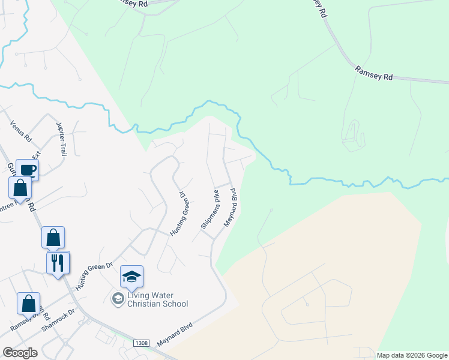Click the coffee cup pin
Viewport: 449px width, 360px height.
[x=27, y=170]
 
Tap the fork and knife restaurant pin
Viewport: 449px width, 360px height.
[x=58, y=263]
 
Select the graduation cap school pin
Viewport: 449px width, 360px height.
[x=131, y=277]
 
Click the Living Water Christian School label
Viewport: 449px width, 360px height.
[x=157, y=299]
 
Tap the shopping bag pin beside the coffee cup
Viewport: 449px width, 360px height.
[x=20, y=187]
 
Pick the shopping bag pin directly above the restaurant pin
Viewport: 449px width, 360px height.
[x=53, y=238]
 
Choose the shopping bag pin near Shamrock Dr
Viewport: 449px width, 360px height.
[x=28, y=304]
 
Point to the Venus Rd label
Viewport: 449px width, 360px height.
[x=20, y=131]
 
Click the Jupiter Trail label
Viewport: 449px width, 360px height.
[x=61, y=139]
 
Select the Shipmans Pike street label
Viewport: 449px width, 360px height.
[x=210, y=209]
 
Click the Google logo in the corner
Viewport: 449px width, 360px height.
[x=20, y=353]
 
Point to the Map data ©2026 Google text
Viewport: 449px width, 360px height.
[x=412, y=355]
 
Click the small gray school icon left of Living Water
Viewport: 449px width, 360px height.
[x=118, y=298]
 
